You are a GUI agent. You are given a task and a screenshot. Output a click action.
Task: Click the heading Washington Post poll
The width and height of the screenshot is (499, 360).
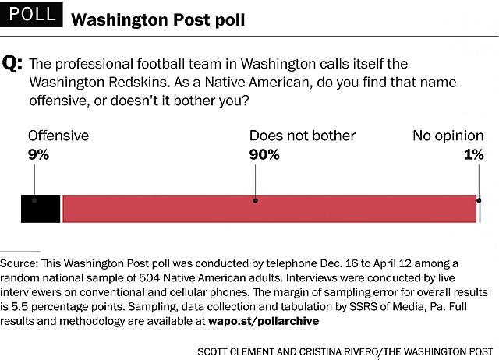tap(157, 19)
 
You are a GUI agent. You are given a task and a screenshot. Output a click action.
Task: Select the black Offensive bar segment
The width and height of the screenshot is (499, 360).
tap(40, 209)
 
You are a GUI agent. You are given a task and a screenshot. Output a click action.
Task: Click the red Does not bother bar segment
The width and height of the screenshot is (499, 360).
tap(269, 209)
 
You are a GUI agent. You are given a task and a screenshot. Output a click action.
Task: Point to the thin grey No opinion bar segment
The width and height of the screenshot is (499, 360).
tap(479, 209)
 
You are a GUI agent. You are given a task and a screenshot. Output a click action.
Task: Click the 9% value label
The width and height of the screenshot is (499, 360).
tap(39, 154)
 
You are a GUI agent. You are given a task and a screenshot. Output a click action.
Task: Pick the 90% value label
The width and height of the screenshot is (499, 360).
tap(264, 154)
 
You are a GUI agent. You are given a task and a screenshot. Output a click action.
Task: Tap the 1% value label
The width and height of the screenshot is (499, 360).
tap(473, 154)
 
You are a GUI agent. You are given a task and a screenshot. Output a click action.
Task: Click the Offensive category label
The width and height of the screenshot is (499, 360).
tap(58, 136)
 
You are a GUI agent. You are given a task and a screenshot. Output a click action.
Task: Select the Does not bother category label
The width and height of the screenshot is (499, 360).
tap(303, 136)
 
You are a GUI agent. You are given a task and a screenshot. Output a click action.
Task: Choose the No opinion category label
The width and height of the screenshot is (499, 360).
tap(448, 136)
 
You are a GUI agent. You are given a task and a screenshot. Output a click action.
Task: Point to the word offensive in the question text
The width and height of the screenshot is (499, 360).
tap(58, 101)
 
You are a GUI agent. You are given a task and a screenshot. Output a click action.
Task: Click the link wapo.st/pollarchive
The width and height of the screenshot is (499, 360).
tap(264, 320)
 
